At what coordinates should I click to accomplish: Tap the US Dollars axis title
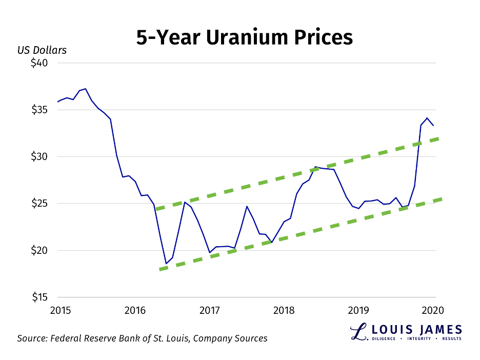click(x=42, y=50)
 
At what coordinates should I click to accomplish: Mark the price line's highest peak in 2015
click(x=85, y=89)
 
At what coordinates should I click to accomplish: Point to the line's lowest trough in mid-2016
click(x=166, y=264)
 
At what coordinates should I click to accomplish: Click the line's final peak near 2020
click(x=427, y=118)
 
